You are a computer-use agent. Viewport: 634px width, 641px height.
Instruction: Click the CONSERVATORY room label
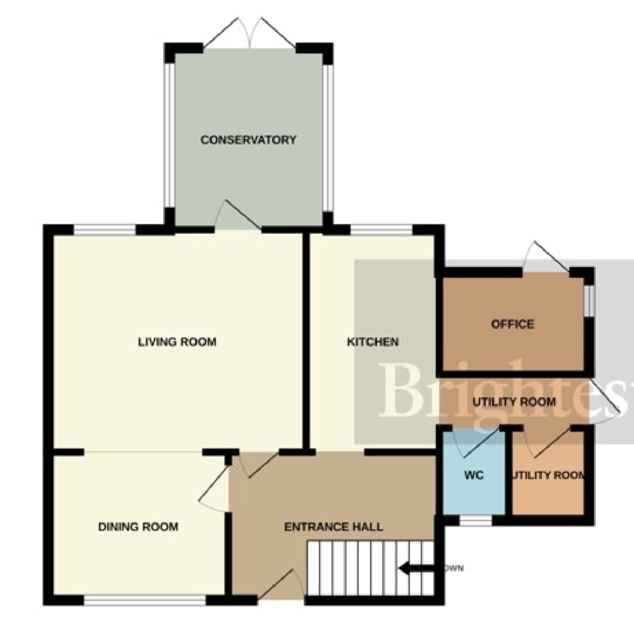click(248, 140)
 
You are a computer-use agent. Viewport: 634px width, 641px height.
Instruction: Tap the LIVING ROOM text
click(177, 342)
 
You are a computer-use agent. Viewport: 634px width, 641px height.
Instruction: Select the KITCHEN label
click(373, 342)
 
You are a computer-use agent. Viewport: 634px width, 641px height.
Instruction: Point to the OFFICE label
click(512, 324)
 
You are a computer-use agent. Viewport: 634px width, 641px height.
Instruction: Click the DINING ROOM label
click(138, 527)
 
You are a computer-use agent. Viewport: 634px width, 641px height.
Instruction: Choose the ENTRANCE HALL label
click(333, 527)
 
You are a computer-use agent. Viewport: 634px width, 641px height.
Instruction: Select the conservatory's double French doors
click(249, 35)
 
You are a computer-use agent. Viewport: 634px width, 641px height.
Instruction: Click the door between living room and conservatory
click(238, 216)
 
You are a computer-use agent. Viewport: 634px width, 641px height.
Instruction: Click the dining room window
click(145, 600)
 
